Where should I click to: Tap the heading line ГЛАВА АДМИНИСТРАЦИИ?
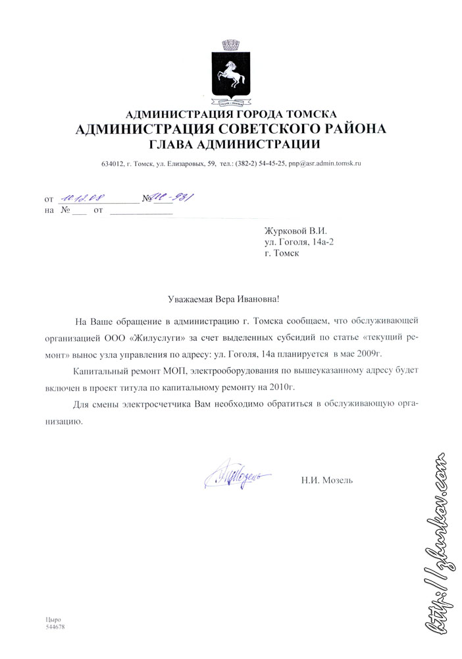234,144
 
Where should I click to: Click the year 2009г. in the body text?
367,355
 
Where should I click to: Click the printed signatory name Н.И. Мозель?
326,480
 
